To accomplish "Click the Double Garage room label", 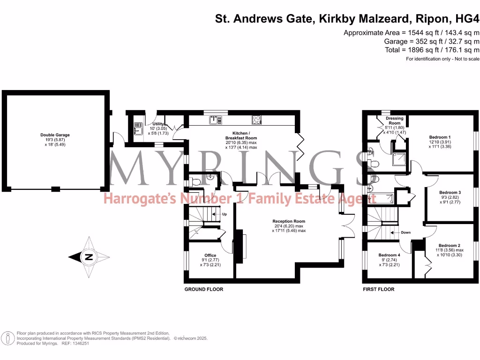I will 54,135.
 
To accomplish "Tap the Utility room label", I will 157,124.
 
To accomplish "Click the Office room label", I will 210,255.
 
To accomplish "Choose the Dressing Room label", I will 394,121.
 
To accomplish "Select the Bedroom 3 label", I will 450,193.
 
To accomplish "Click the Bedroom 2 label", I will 449,246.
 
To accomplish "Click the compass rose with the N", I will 88,257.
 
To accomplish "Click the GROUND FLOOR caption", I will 203,289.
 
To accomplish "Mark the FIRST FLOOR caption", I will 379,289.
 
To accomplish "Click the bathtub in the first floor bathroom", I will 380,198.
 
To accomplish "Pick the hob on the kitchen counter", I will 256,120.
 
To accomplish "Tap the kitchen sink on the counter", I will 216,120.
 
